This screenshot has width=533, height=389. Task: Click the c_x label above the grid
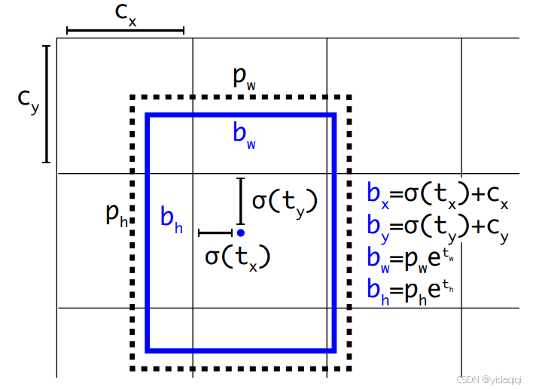pos(126,15)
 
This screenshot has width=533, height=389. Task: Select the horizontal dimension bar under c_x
pos(125,31)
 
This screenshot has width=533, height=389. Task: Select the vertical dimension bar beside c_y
pos(47,104)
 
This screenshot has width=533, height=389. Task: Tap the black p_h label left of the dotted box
pos(117,216)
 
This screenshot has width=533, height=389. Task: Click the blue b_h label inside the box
pos(172,219)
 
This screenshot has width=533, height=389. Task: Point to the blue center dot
pos(240,232)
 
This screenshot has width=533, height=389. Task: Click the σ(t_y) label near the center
pos(285,202)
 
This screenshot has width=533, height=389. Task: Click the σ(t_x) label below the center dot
pos(237,257)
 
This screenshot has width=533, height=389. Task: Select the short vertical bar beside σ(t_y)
pos(240,201)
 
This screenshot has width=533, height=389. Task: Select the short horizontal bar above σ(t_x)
pos(215,233)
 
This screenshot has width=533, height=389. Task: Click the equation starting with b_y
pos(438,226)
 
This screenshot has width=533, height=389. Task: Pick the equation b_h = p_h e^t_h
pos(410,289)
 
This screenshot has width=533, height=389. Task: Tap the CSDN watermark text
pos(489,381)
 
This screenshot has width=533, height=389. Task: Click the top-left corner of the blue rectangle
pos(148,116)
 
